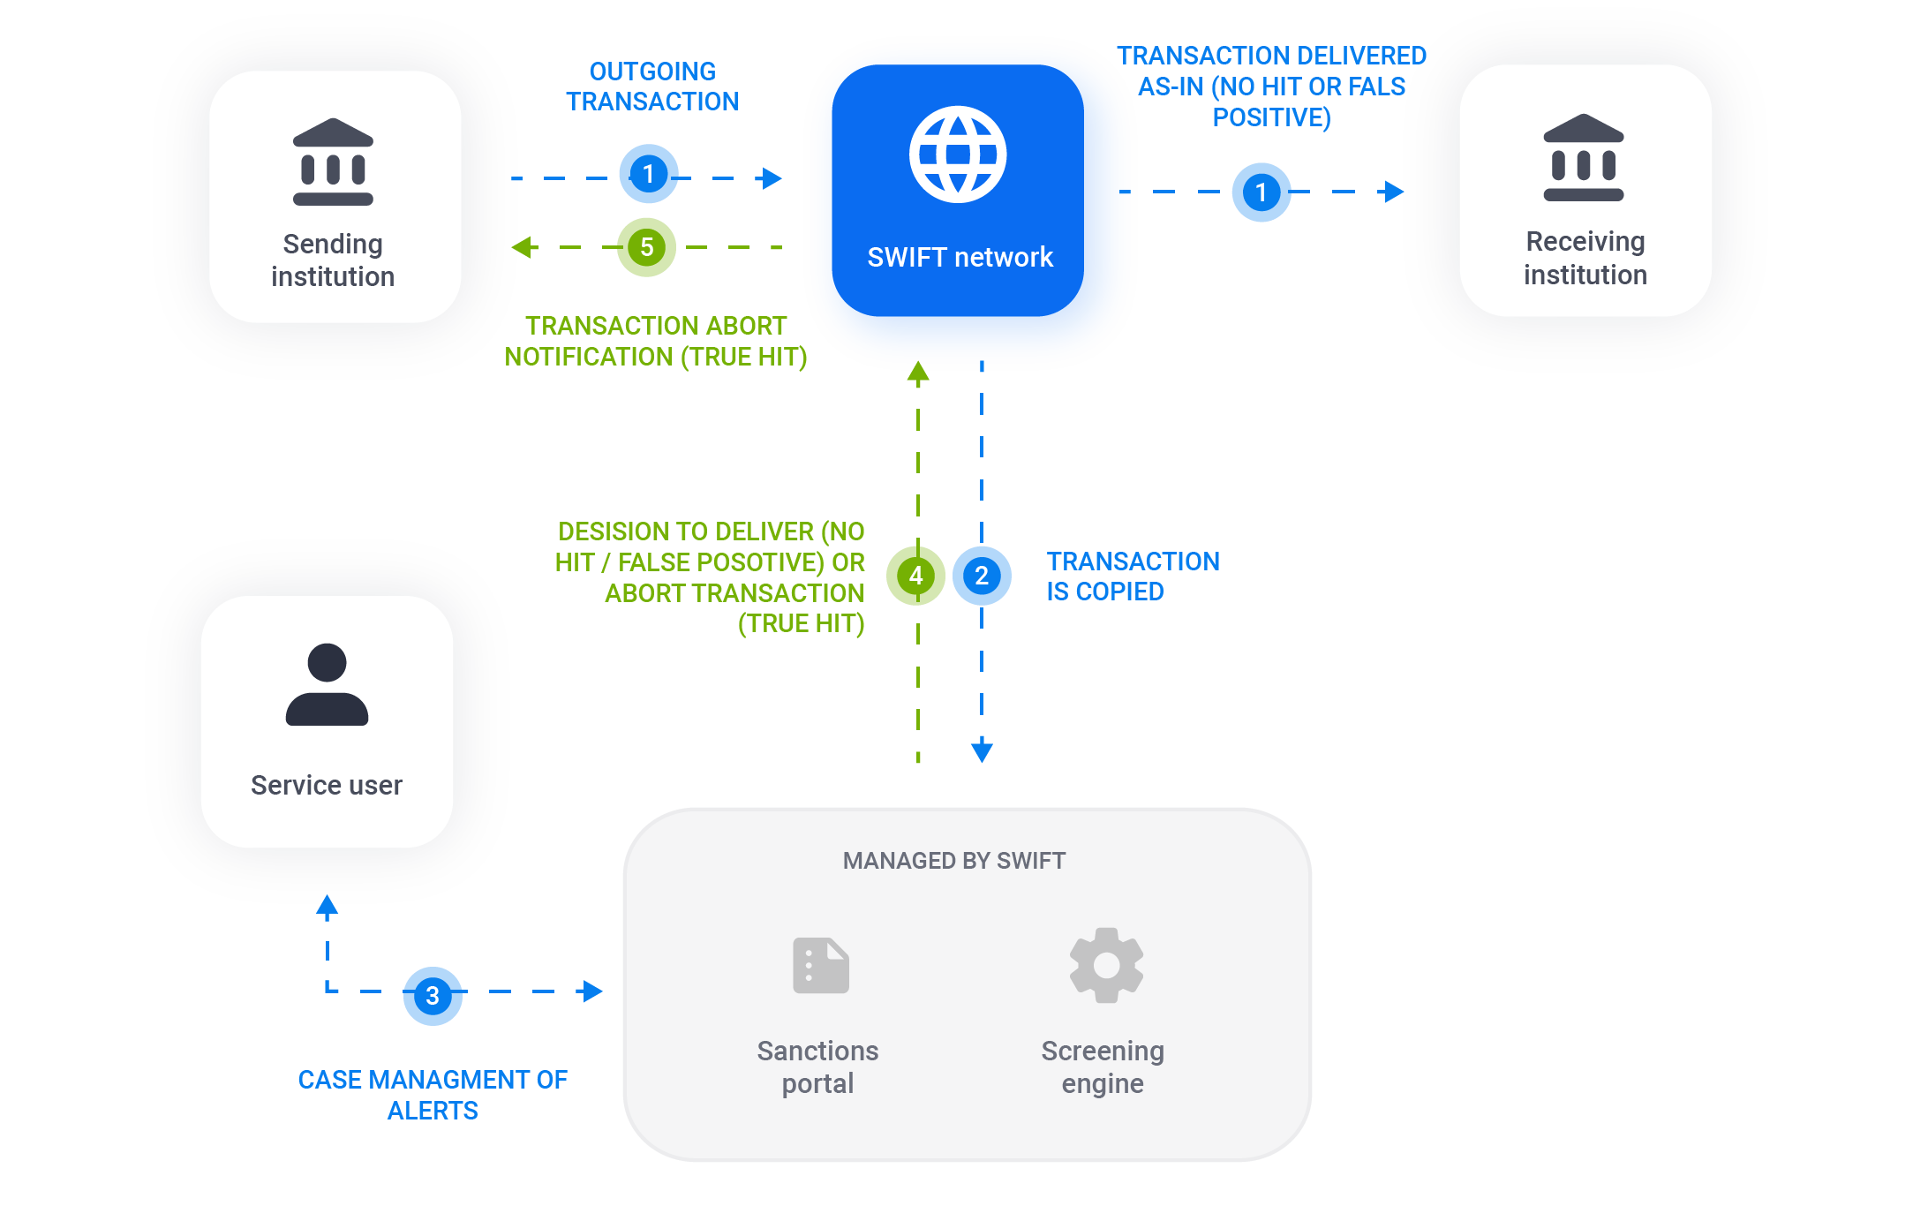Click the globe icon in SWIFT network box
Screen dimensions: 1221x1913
point(958,155)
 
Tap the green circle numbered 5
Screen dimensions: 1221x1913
point(646,247)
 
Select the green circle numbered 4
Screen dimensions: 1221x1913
point(915,576)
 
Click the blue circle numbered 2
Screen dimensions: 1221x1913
point(982,576)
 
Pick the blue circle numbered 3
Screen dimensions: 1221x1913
point(433,996)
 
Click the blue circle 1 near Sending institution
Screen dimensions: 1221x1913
point(648,174)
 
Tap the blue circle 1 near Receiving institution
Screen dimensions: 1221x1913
point(1261,192)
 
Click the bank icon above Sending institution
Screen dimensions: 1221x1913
point(333,162)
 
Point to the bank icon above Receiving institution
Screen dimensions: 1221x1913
point(1583,158)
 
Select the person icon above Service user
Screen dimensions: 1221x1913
point(327,684)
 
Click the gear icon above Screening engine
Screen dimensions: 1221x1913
point(1106,965)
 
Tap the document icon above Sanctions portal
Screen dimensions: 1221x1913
point(820,966)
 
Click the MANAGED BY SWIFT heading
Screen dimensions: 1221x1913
point(953,861)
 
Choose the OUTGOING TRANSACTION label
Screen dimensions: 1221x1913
point(652,87)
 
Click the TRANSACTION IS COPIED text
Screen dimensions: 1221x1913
point(1132,576)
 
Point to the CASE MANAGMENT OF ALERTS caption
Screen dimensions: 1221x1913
point(433,1095)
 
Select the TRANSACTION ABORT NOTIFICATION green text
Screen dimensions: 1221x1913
point(655,341)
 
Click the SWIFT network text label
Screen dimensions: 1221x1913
point(960,257)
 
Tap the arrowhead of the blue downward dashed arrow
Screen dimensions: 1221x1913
point(982,751)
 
